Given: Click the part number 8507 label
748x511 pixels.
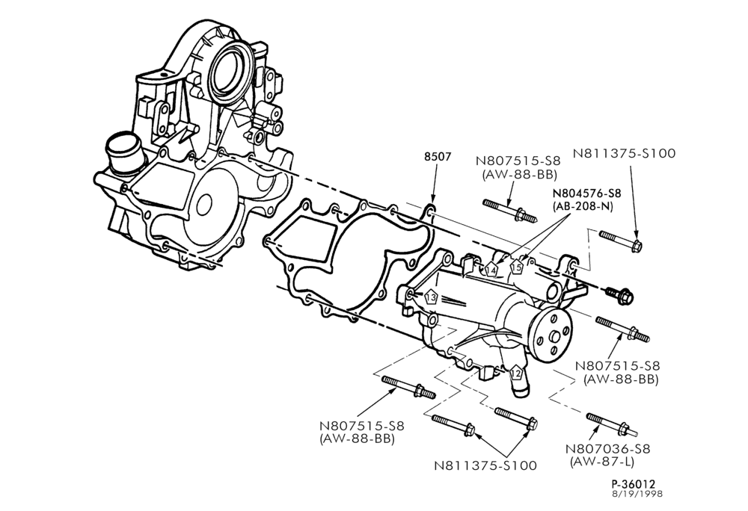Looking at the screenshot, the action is (438, 156).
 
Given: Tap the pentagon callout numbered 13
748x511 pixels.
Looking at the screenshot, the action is (431, 297).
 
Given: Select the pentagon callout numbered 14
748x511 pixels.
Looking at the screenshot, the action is (491, 270).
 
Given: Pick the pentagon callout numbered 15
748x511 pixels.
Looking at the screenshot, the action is (517, 267).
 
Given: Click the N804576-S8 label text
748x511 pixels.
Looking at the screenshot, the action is (586, 193).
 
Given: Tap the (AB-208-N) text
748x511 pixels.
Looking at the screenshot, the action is (583, 206).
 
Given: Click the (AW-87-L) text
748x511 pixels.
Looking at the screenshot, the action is (602, 461).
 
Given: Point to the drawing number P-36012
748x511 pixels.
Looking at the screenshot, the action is (634, 484).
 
